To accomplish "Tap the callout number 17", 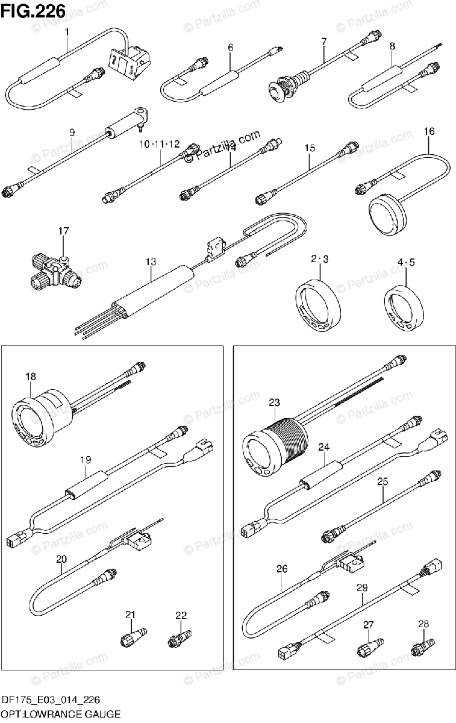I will (64, 231).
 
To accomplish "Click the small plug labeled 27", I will (368, 648).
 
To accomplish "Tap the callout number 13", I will (151, 261).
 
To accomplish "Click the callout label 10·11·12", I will (160, 144).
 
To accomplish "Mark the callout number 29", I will (361, 587).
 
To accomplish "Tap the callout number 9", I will (72, 132).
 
